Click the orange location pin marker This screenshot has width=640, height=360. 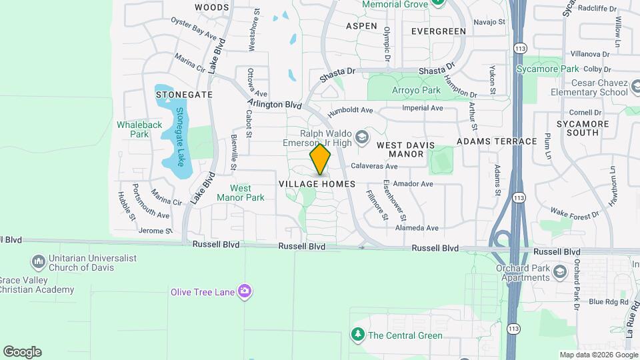(x=321, y=159)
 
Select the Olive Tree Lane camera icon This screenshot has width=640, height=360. (x=245, y=291)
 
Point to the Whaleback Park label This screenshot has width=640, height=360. (x=139, y=129)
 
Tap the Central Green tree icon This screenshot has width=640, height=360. (x=358, y=334)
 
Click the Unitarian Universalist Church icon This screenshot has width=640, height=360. (x=38, y=260)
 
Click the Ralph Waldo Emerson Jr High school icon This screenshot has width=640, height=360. (x=362, y=137)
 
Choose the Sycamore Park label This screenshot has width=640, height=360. (x=547, y=69)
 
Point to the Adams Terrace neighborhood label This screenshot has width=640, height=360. (x=497, y=141)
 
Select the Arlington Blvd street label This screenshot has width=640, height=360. (x=275, y=104)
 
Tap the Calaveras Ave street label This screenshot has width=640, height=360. (x=374, y=166)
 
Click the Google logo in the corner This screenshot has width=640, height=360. (x=22, y=352)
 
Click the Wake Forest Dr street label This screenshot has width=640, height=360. (x=575, y=215)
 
